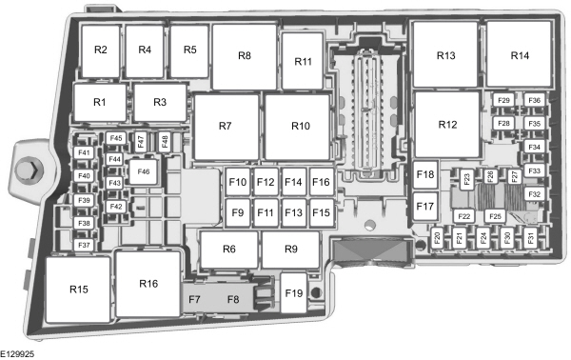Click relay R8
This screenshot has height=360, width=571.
pos(245,56)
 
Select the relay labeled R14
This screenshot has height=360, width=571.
pos(519,55)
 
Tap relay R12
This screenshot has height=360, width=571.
pos(447,125)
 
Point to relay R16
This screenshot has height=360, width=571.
pos(148,283)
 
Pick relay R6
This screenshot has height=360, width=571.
pos(228,250)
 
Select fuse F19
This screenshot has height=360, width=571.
pos(293,293)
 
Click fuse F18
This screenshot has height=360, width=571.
pos(425,174)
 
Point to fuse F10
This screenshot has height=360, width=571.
pos(238,182)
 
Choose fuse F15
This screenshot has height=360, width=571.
pos(321,212)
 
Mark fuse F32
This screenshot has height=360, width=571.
pos(534,194)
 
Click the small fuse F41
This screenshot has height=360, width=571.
pos(84,153)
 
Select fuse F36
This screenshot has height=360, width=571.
pos(534,101)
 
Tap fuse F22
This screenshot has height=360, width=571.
pos(464,216)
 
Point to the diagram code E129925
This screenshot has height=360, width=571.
pos(19,350)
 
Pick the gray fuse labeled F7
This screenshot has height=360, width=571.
pos(195,301)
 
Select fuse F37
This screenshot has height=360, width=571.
pos(84,245)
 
